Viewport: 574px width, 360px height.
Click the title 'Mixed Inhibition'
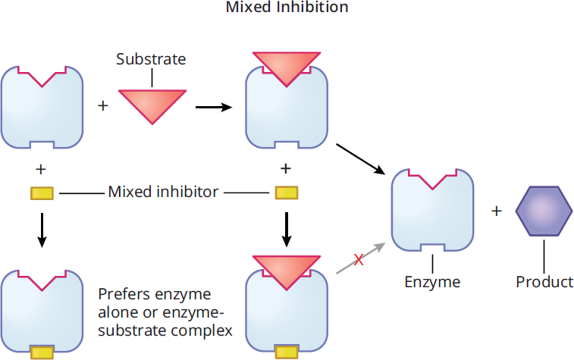(287, 7)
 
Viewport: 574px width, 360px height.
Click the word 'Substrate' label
(151, 59)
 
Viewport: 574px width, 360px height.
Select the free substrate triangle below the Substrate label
(152, 106)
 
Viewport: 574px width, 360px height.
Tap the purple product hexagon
(544, 211)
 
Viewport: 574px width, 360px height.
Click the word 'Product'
(544, 282)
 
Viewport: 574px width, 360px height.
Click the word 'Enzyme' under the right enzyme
(432, 282)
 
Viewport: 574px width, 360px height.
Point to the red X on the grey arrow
(359, 260)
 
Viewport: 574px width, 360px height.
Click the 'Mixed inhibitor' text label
(163, 192)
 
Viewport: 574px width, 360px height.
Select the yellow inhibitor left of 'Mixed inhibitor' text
(42, 193)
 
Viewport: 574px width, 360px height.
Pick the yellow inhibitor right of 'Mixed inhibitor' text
(287, 193)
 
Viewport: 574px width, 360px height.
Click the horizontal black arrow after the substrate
(214, 107)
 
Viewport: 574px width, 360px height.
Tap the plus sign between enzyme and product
(496, 211)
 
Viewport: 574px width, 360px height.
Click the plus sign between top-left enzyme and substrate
(103, 106)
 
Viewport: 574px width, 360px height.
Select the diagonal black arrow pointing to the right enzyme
(361, 159)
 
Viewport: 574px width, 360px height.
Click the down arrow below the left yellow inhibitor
(42, 230)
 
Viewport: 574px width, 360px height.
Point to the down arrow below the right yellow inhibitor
(287, 230)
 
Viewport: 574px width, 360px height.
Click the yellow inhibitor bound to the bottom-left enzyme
(42, 353)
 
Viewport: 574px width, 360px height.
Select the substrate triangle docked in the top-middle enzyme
(287, 67)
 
